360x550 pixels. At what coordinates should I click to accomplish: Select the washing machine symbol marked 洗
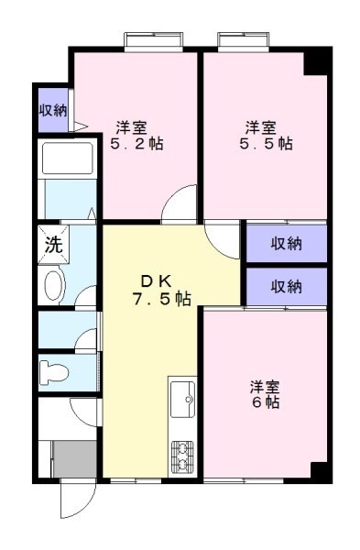[53, 245]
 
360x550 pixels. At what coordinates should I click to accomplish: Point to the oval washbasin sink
[53, 286]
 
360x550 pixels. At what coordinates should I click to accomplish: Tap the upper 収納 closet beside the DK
[286, 244]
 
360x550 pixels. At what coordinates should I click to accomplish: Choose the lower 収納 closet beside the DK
[286, 286]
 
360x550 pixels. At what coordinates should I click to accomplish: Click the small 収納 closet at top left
[52, 110]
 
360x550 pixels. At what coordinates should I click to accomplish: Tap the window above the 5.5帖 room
[245, 42]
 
